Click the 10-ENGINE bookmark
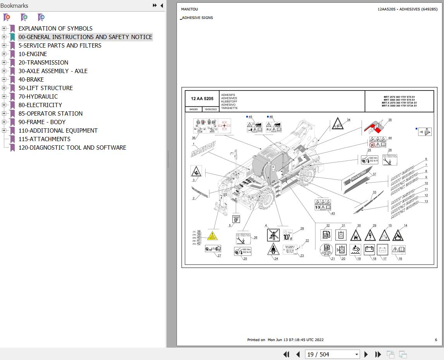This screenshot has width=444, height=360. coord(33,54)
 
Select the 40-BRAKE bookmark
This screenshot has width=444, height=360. coord(31,80)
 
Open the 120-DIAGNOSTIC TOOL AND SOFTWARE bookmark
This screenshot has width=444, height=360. coord(72,148)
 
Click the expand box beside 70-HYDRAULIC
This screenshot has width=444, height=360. coord(4,97)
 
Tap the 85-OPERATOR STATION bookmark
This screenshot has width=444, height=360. coord(50,114)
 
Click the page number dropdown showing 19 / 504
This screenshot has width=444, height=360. coord(333,354)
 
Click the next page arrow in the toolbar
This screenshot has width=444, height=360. coord(366,354)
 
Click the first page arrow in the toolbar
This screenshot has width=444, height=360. coord(286,354)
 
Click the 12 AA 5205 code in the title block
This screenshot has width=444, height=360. coord(202,99)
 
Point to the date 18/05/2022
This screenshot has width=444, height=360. coord(211,109)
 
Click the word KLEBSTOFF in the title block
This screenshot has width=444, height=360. coord(229,102)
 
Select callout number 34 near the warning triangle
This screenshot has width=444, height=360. coord(348,120)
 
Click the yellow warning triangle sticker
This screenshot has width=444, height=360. coord(212,236)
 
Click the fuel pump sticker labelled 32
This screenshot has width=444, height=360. coord(326,235)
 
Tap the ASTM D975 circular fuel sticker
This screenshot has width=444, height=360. coord(326,250)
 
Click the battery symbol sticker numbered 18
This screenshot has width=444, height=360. coord(369,250)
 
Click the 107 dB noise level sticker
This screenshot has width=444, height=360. coord(288,235)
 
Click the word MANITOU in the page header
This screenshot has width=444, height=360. coord(189,9)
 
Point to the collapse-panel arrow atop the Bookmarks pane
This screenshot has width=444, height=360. coord(162,5)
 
